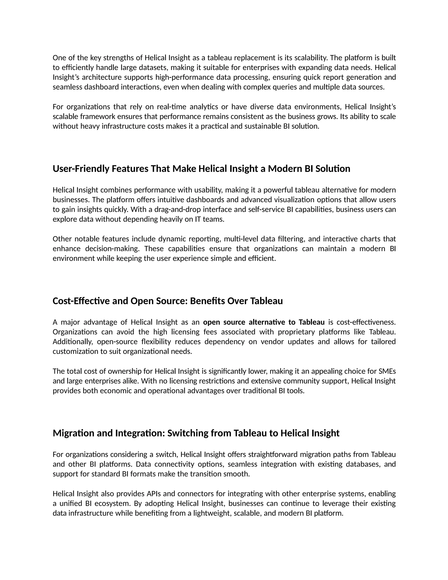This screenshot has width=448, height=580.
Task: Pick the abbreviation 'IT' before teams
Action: coord(198,219)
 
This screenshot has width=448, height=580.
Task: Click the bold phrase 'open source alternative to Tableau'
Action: coord(264,322)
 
